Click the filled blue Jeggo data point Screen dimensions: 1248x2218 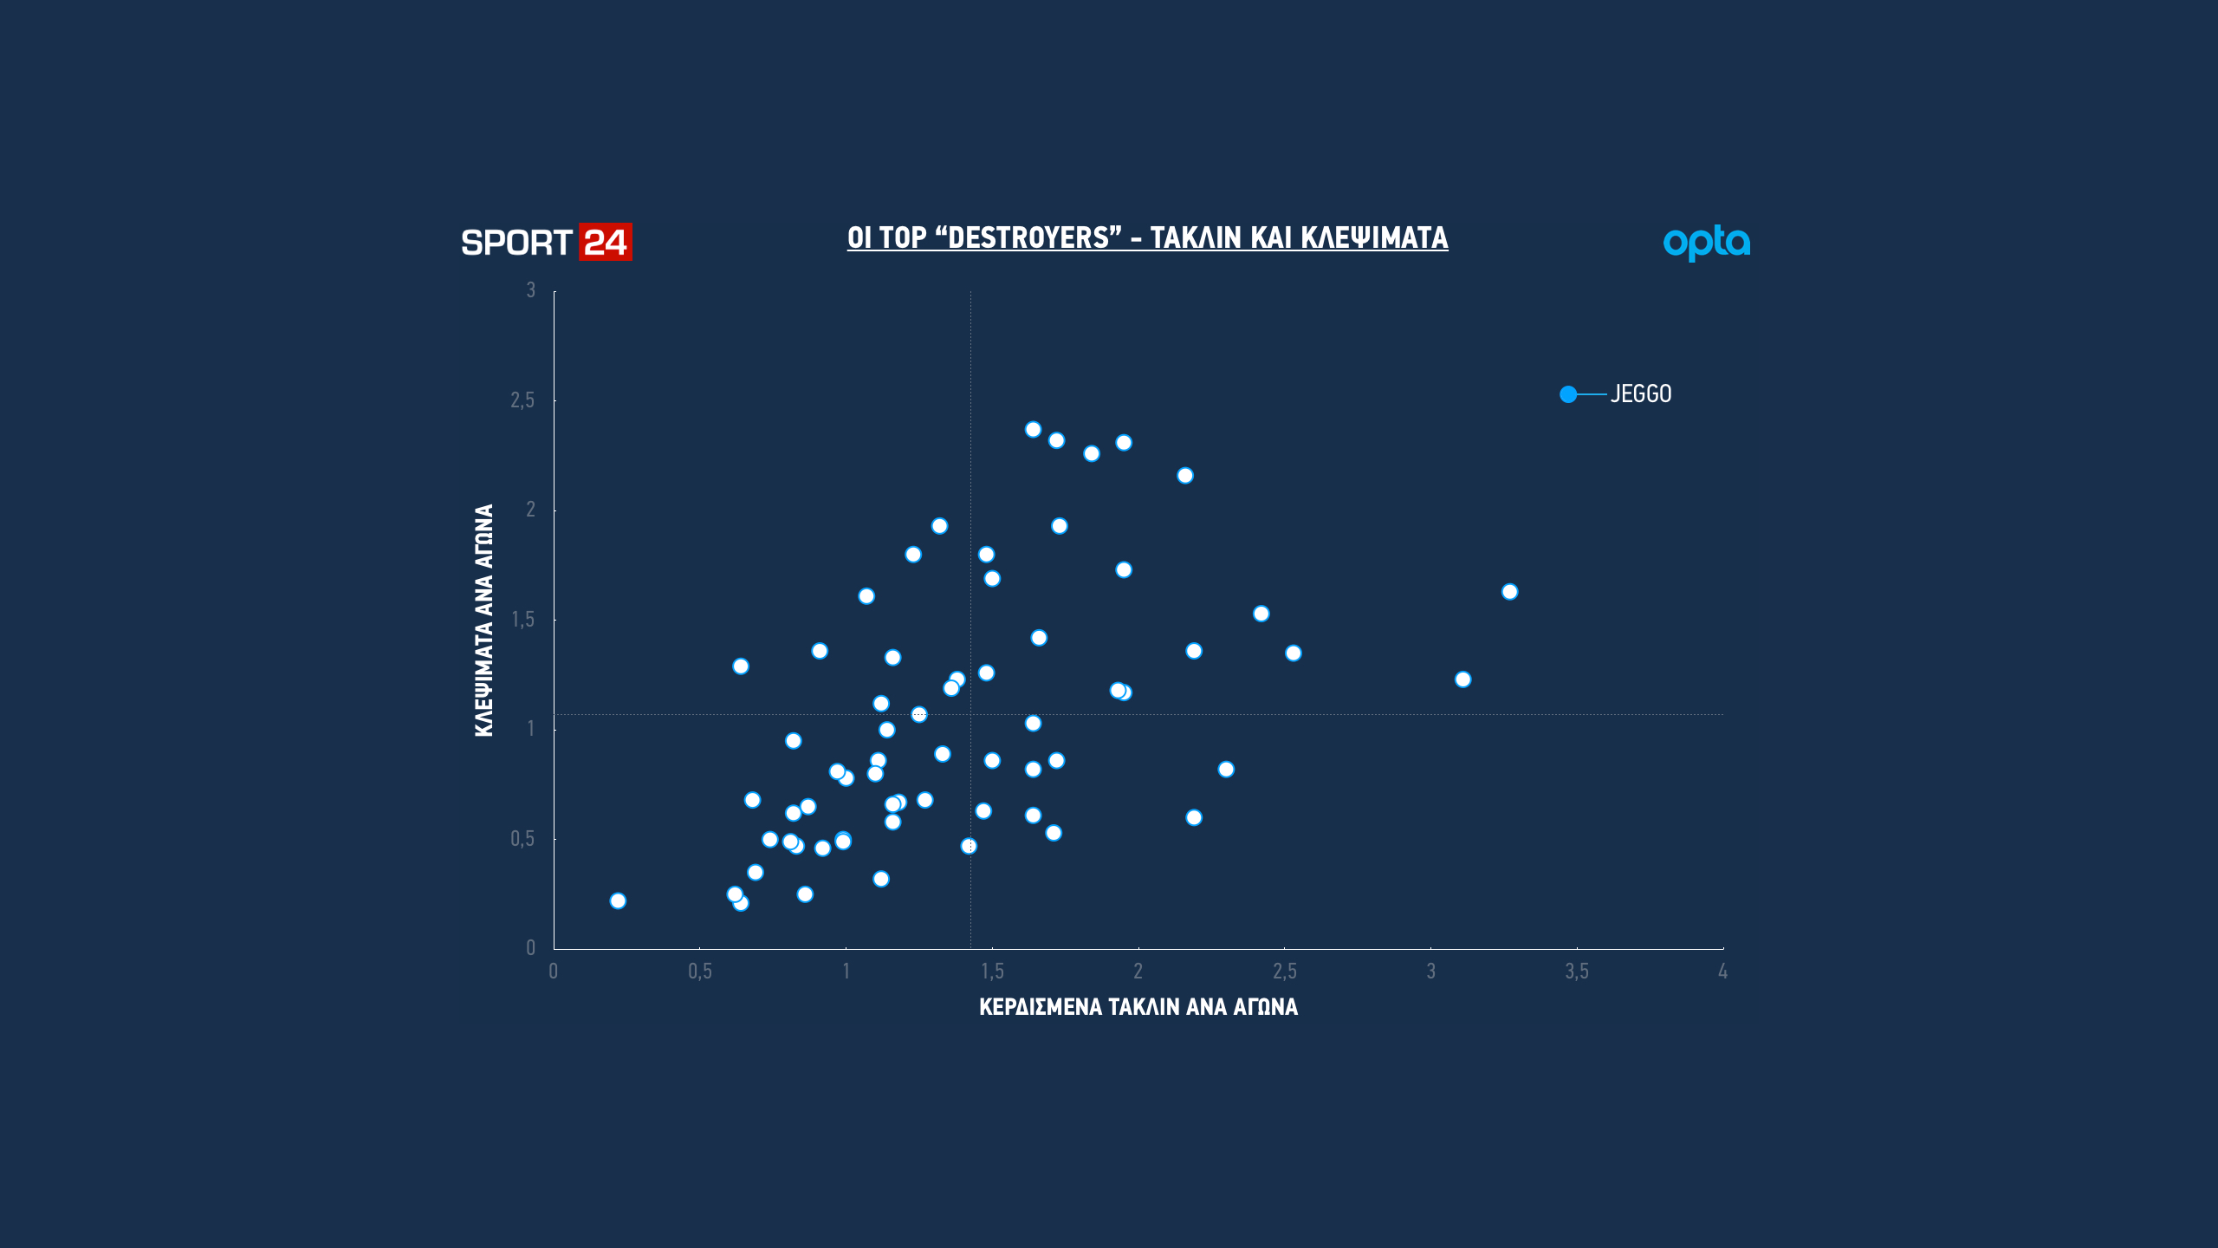click(x=1568, y=394)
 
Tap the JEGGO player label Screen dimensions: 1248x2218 click(x=1641, y=394)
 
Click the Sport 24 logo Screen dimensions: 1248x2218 click(x=546, y=243)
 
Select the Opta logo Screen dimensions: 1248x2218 click(x=1706, y=243)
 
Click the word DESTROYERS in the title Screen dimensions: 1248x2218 click(x=1028, y=237)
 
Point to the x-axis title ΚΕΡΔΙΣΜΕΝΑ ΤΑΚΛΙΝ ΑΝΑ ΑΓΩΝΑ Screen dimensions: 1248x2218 click(x=1138, y=1007)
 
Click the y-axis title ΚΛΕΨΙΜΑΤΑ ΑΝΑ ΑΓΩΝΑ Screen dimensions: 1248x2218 click(x=483, y=621)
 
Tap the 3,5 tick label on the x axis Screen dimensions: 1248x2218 click(x=1576, y=972)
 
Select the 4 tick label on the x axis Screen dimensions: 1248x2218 click(x=1722, y=972)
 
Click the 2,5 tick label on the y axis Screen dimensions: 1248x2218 click(x=522, y=400)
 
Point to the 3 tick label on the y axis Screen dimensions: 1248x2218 click(x=530, y=290)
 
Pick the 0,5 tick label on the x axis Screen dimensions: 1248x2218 click(x=699, y=972)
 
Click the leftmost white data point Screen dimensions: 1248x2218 click(x=618, y=901)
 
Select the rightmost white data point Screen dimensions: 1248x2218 click(x=1509, y=592)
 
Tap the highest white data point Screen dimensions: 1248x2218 click(x=1033, y=430)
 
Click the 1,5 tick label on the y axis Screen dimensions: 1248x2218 click(x=522, y=620)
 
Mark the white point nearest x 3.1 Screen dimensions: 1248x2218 click(x=1462, y=679)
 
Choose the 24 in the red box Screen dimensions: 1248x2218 click(x=605, y=243)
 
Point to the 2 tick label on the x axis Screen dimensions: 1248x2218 click(x=1138, y=972)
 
